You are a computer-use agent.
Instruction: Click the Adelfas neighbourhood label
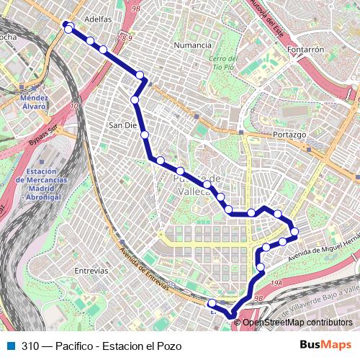pos(98,19)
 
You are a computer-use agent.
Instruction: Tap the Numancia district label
pos(192,45)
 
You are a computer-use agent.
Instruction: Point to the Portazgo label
pos(291,135)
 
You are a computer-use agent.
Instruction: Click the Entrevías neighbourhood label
pos(91,271)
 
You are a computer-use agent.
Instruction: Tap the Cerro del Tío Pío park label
pos(222,63)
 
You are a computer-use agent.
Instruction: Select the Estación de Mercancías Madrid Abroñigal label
pos(48,184)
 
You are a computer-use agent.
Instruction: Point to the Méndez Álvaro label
pos(34,102)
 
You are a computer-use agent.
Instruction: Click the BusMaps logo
pos(325,345)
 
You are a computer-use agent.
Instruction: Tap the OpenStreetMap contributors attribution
pos(297,322)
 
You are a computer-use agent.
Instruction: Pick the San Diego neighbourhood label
pos(121,125)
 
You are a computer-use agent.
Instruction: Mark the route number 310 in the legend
pos(30,346)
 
